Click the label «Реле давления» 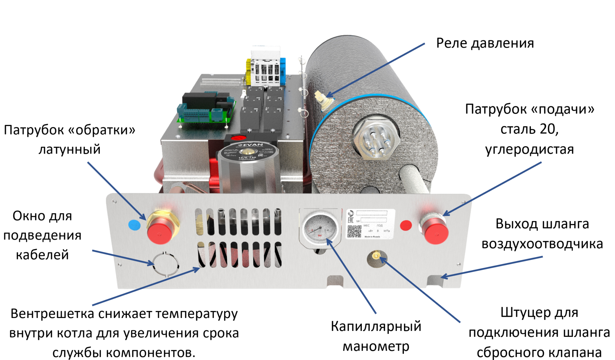point(485,43)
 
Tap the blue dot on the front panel point(134,225)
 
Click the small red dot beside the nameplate point(406,225)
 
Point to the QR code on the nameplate point(354,231)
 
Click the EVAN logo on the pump point(250,145)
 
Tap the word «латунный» point(69,149)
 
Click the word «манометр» point(376,346)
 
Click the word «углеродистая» point(529,149)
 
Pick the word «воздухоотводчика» point(542,244)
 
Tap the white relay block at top point(266,67)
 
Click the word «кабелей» point(42,255)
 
